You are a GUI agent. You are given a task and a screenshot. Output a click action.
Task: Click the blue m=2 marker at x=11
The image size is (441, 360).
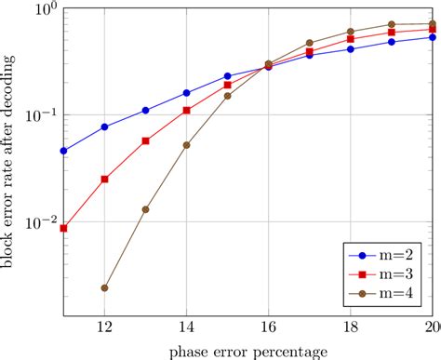click(x=63, y=151)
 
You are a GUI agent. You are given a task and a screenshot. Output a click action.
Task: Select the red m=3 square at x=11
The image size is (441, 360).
click(x=63, y=228)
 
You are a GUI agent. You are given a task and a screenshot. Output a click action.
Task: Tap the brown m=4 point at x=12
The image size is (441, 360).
click(x=104, y=288)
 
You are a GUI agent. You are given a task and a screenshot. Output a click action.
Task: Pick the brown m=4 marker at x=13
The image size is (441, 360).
click(x=145, y=209)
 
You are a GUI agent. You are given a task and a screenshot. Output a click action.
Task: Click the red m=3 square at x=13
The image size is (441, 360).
click(x=145, y=141)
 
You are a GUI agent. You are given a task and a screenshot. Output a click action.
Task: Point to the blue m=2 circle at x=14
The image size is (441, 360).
click(x=186, y=93)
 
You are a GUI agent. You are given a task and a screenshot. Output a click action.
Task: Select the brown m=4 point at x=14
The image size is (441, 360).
click(x=186, y=145)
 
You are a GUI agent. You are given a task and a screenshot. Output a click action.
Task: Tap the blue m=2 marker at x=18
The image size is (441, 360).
click(x=350, y=49)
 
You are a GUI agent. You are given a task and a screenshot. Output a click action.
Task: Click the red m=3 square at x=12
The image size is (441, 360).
click(x=104, y=179)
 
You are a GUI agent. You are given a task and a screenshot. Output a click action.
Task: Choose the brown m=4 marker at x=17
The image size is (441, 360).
click(x=309, y=43)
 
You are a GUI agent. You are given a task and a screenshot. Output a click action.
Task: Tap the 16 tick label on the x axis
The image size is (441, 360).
click(x=268, y=327)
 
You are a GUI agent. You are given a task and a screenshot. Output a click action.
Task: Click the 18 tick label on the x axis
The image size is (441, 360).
click(x=350, y=327)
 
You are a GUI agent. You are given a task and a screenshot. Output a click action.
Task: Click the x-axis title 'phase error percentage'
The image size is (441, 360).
click(x=247, y=351)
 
